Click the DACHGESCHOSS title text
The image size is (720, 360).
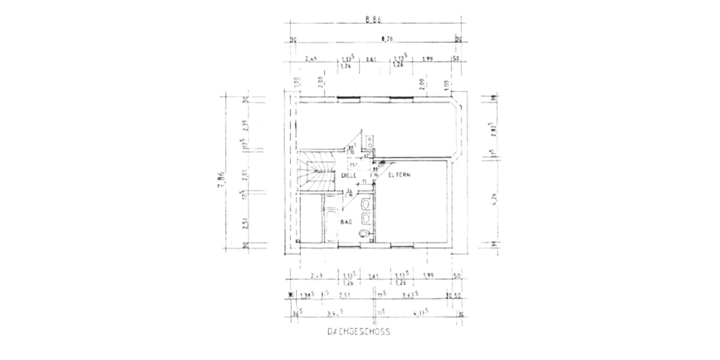click(358, 331)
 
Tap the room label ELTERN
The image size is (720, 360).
click(400, 175)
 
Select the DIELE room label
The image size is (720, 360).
click(349, 175)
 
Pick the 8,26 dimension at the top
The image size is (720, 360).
click(387, 40)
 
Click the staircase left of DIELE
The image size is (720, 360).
click(317, 172)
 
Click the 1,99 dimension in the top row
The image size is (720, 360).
click(427, 59)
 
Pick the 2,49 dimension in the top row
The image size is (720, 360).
click(311, 59)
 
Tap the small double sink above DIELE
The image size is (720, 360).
click(371, 142)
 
